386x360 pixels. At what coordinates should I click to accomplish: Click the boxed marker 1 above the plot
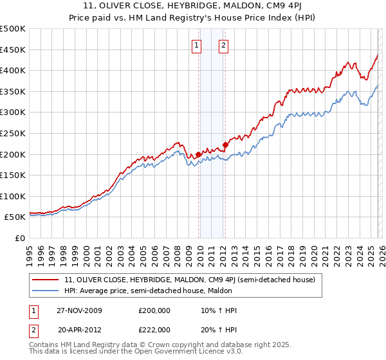click(x=196, y=45)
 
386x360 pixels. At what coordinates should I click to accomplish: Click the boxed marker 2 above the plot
click(x=223, y=45)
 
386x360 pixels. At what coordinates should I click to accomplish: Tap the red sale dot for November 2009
click(x=198, y=154)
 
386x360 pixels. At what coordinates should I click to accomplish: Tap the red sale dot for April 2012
click(x=225, y=145)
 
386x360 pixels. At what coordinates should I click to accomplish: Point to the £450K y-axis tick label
click(x=13, y=50)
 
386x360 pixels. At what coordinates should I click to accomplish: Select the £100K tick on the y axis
click(x=13, y=196)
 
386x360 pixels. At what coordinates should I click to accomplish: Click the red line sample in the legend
click(x=46, y=280)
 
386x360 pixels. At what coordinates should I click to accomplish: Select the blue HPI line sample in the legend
click(x=46, y=291)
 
